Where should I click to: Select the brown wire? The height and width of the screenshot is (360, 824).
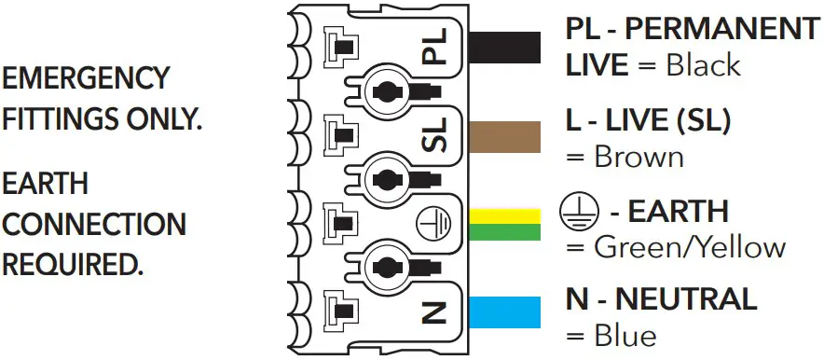pos(506,136)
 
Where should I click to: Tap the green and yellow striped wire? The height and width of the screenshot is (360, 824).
pos(506,225)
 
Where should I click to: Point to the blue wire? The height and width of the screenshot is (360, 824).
pos(506,312)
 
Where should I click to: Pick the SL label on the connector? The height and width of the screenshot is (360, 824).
pos(435,135)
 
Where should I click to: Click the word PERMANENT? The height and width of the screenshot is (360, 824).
pos(724,29)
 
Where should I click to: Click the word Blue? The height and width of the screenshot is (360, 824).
pos(625,335)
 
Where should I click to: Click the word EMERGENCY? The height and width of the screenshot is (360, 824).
pos(87,78)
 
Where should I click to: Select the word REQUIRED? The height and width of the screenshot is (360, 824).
pos(74,265)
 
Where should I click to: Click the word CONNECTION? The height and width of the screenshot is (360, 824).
pos(94,224)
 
